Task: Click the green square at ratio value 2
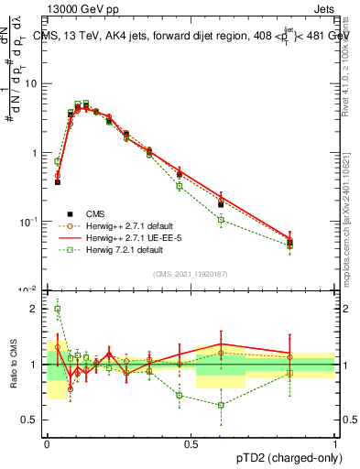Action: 58,309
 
